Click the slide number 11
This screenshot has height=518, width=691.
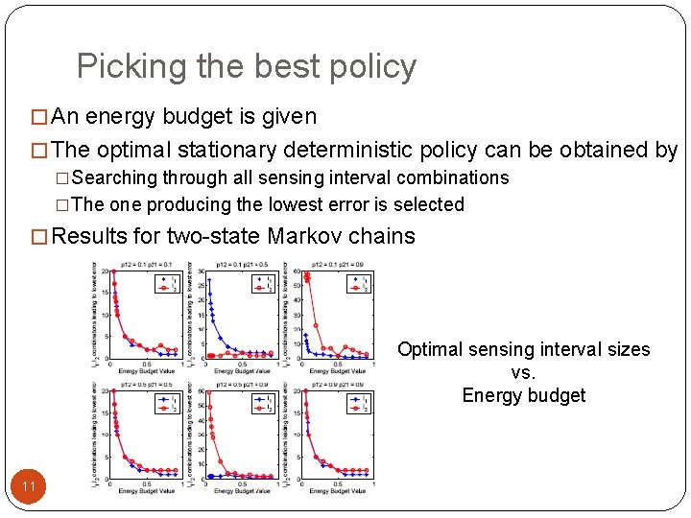(x=29, y=487)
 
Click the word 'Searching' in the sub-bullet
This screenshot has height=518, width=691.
(x=114, y=177)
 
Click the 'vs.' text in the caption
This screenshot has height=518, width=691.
(x=523, y=372)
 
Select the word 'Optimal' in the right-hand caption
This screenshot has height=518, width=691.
(x=431, y=349)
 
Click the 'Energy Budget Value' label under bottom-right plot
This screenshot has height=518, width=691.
(x=337, y=491)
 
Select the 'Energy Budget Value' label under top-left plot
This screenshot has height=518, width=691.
(x=146, y=371)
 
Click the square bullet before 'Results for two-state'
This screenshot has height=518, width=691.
(x=39, y=237)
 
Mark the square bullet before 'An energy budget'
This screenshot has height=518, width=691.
(x=39, y=118)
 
